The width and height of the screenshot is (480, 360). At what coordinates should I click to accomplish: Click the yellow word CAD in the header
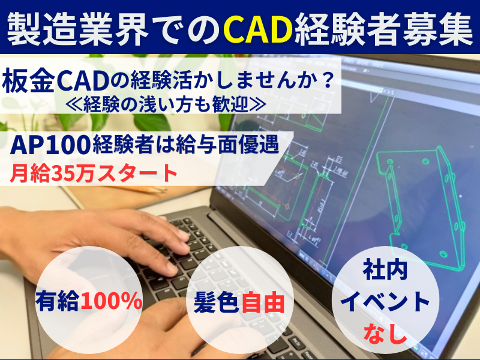[x=258, y=29]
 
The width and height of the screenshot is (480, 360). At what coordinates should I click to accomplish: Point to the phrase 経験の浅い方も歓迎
[x=166, y=104]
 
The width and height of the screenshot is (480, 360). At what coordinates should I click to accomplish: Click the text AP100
[x=50, y=145]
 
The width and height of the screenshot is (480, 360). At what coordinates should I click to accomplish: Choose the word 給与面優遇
[x=227, y=145]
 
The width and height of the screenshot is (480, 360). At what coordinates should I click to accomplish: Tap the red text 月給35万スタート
[x=94, y=173]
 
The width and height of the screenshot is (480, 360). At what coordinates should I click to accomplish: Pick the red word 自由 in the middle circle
[x=263, y=302]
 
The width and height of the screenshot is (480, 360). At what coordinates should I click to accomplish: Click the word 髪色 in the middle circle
[x=217, y=302]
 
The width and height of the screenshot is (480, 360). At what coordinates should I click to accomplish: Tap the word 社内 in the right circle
[x=385, y=271]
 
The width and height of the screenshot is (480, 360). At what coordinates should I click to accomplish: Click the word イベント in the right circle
[x=385, y=302]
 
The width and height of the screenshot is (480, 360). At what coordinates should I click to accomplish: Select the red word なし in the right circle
[x=385, y=333]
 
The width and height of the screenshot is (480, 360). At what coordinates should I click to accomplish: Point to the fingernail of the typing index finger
[x=184, y=235]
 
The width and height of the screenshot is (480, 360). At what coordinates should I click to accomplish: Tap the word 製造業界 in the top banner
[x=77, y=29]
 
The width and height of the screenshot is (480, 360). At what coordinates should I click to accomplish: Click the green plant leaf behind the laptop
[x=152, y=122]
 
